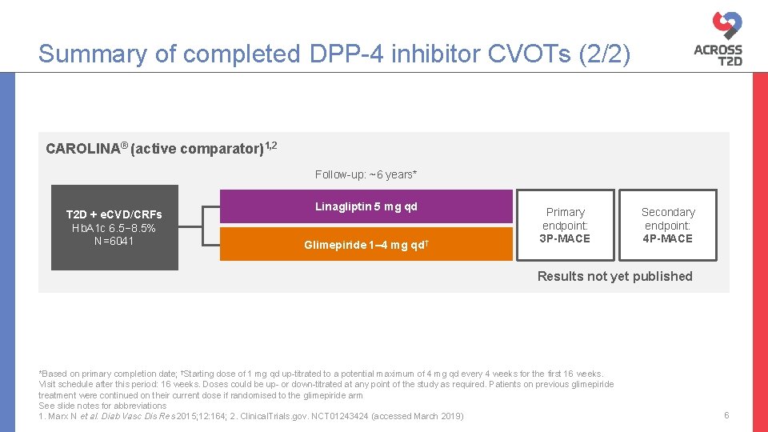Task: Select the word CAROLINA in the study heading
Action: pos(81,149)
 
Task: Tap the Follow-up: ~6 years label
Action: pos(366,174)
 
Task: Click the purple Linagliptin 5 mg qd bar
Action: pos(366,206)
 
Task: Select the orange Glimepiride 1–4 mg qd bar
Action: pos(366,245)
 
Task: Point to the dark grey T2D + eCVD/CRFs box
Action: pos(114,228)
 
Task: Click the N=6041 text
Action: pos(114,241)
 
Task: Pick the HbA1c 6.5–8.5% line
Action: pos(114,228)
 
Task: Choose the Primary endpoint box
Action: pos(566,225)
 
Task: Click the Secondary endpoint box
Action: pos(668,225)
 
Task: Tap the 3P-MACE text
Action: pos(566,238)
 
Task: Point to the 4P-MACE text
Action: pos(668,238)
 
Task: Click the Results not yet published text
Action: pos(614,276)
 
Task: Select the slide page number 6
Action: pos(726,415)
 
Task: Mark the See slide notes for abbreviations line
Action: pos(102,406)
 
